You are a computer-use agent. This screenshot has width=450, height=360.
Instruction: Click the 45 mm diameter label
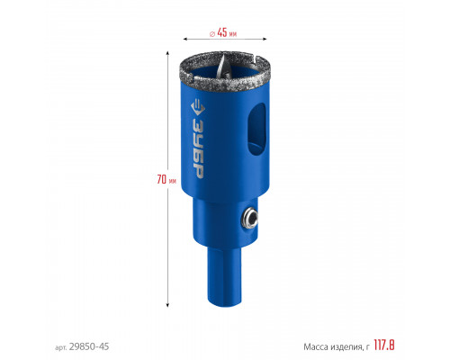pyautogui.click(x=223, y=32)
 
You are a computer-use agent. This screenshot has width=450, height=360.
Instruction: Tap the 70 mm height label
pyautogui.click(x=166, y=179)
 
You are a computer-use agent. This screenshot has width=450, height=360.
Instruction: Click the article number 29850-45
pyautogui.click(x=89, y=346)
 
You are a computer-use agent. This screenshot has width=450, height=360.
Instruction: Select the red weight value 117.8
pyautogui.click(x=384, y=346)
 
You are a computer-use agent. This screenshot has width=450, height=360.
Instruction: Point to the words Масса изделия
pyautogui.click(x=332, y=347)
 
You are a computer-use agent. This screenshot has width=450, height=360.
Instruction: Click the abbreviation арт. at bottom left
pyautogui.click(x=61, y=347)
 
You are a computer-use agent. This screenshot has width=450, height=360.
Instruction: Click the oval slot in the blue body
pyautogui.click(x=256, y=129)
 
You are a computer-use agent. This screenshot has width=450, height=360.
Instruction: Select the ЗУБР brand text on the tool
pyautogui.click(x=198, y=147)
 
